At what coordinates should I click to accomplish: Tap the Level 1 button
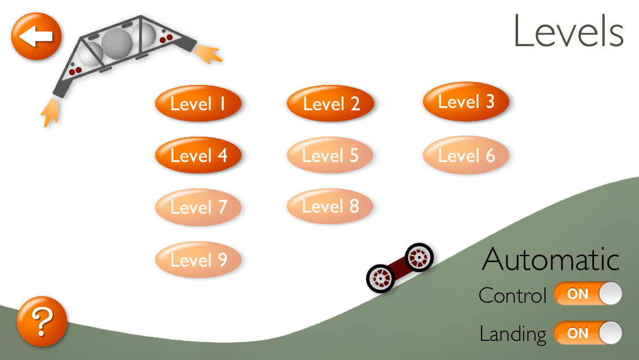(198, 104)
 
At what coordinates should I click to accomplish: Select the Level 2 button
(331, 104)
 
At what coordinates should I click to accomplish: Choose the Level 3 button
(466, 102)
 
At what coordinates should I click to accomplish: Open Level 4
(198, 155)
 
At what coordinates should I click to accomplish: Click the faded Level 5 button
(330, 155)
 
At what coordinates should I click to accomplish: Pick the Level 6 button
(466, 155)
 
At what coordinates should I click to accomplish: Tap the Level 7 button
(198, 207)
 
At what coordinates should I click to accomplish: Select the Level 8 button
(330, 206)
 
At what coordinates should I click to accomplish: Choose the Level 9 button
(198, 259)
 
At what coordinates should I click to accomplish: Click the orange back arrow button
(36, 37)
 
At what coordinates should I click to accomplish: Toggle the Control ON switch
(588, 294)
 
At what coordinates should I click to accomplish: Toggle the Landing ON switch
(588, 333)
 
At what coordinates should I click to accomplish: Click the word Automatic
(551, 259)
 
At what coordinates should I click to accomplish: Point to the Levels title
(568, 32)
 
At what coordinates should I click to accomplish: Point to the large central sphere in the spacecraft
(117, 43)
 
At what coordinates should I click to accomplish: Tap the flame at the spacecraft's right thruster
(209, 53)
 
